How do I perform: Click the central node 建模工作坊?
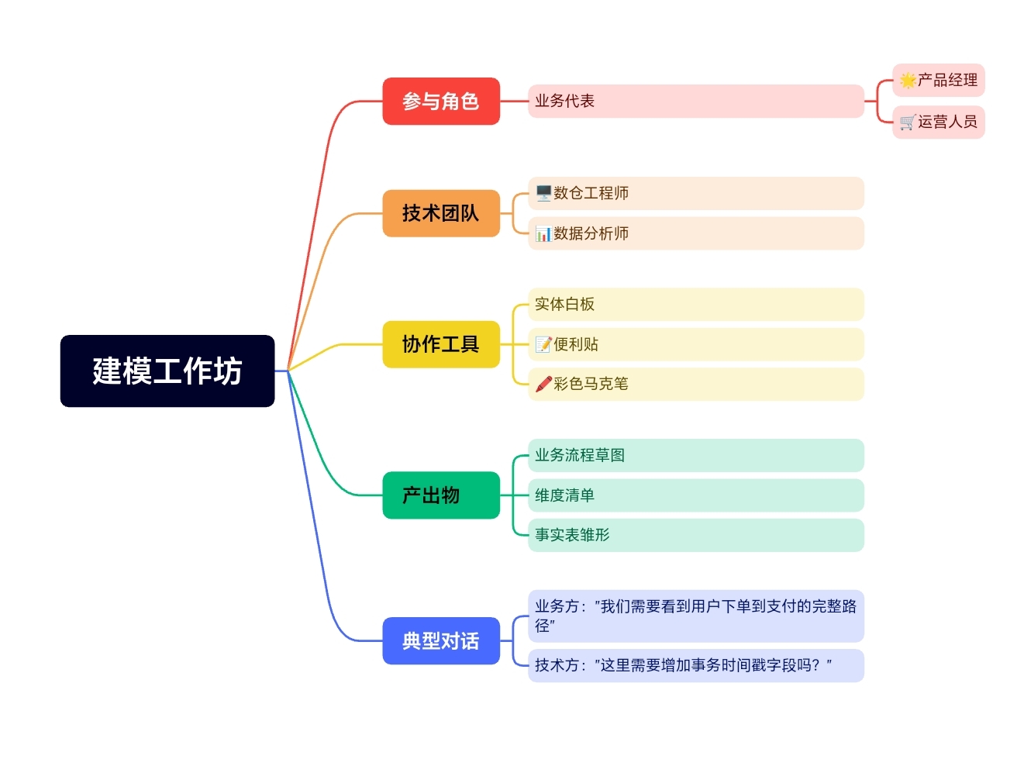coord(167,371)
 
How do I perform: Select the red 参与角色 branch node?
coord(440,101)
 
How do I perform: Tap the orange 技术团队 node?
coord(440,213)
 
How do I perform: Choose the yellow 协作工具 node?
coord(440,344)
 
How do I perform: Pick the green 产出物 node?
coord(440,495)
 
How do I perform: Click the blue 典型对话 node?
coord(440,641)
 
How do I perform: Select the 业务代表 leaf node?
coord(695,101)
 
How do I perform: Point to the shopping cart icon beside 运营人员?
coord(908,122)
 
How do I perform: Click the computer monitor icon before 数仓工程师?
coord(543,193)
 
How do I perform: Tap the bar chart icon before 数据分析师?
coord(543,233)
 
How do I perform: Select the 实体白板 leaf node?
coord(695,304)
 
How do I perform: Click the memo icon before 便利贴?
coord(543,344)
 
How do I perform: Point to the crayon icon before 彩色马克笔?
coord(543,384)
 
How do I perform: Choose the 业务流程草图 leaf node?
coord(695,455)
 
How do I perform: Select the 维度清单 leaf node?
coord(695,495)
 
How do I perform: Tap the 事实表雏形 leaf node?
coord(695,535)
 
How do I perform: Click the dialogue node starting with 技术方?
coord(695,665)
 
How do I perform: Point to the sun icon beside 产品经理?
coord(908,80)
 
